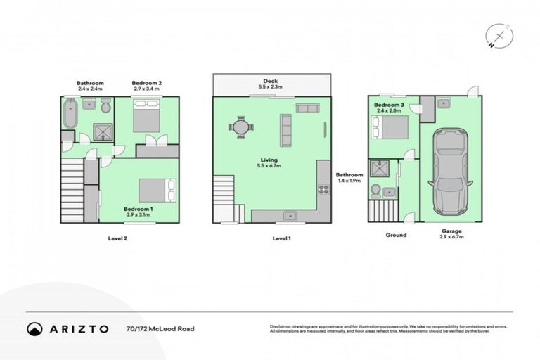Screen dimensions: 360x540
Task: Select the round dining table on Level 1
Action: pos(240,128)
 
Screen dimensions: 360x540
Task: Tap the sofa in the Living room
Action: pos(286,129)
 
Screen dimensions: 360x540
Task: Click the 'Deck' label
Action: pos(271,82)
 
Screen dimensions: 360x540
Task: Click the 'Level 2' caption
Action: pos(117,238)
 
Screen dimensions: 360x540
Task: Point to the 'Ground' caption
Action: pos(396,235)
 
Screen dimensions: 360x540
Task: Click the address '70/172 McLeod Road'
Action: pos(160,328)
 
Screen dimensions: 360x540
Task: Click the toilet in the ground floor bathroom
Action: pos(376,190)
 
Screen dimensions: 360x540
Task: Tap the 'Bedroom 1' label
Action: pos(139,209)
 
